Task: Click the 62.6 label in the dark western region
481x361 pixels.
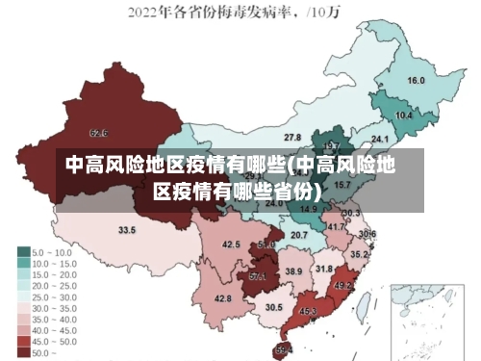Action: coord(99,133)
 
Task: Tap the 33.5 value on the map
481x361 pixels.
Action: coord(127,231)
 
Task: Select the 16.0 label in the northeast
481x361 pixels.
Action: coord(416,81)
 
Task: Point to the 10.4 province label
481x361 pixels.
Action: coord(404,116)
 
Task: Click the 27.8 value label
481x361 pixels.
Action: coord(292,139)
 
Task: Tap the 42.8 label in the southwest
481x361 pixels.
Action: coord(222,299)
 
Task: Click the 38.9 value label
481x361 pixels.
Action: coord(293,272)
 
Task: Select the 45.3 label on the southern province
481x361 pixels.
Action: coord(308,312)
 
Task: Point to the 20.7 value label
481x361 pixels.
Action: coord(299,235)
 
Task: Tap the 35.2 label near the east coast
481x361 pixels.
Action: coord(359,255)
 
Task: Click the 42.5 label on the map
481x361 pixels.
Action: coord(231,245)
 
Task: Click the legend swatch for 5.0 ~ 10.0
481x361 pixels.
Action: coord(22,252)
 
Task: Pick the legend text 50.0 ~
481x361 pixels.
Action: coord(46,353)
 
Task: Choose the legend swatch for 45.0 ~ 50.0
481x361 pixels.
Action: coord(22,342)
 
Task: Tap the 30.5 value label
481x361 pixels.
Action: coord(274,308)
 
